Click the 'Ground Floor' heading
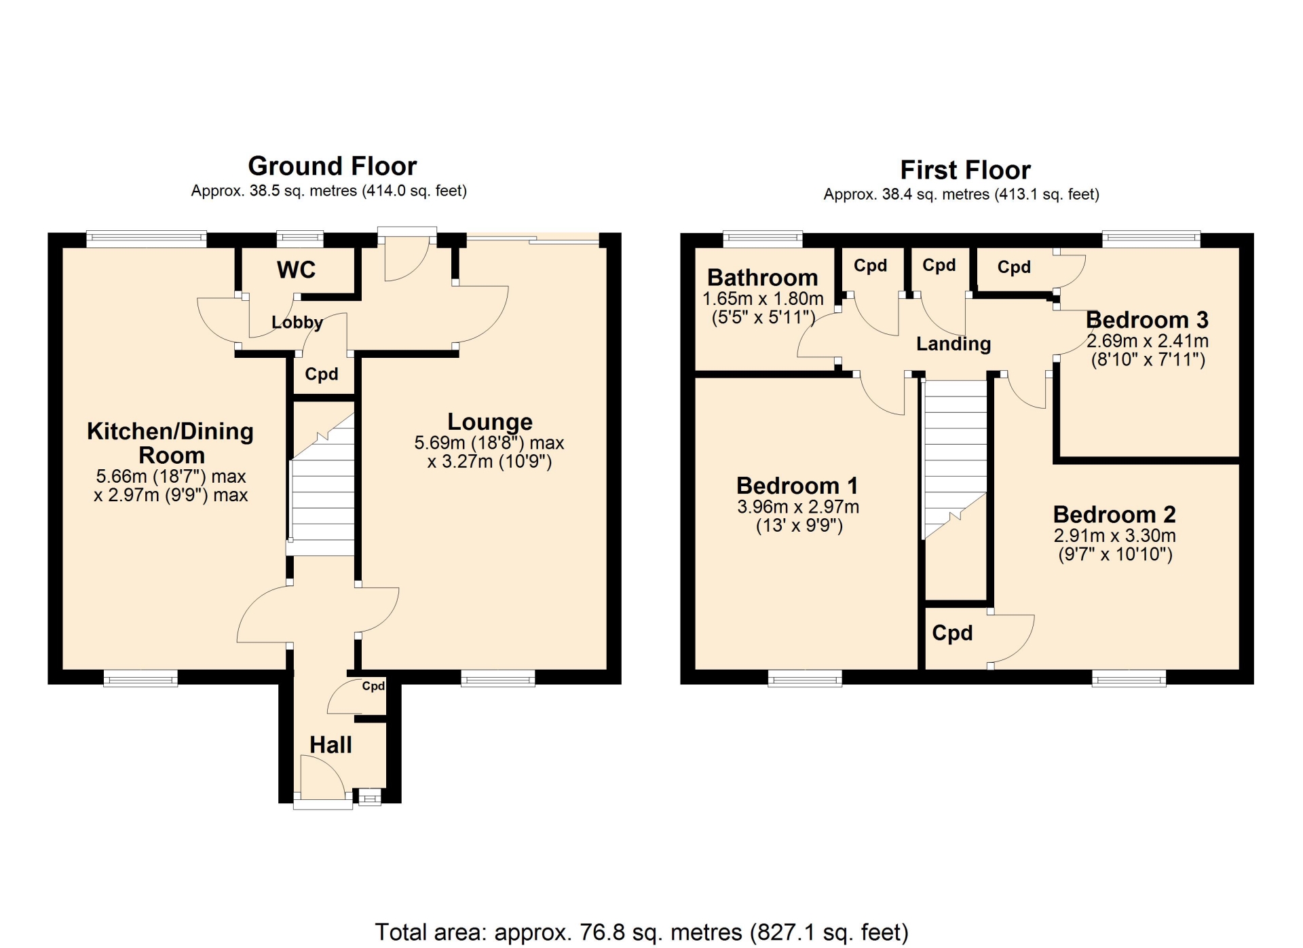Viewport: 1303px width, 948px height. (332, 166)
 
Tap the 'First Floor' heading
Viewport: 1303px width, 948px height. (965, 170)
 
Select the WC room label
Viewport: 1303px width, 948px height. (296, 270)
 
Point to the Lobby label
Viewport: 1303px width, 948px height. (297, 322)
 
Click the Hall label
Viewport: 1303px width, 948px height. (331, 745)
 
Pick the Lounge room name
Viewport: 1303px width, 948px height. (490, 422)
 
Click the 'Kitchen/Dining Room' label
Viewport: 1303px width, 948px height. (170, 443)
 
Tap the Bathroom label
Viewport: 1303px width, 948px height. (762, 278)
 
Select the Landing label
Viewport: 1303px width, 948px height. (953, 344)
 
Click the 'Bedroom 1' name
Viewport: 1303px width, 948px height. (797, 486)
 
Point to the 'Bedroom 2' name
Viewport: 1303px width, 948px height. (1114, 514)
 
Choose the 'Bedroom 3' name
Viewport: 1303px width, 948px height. (1147, 320)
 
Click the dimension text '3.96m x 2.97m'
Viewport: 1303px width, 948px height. (798, 507)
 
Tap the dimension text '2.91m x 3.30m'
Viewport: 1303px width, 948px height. (1115, 535)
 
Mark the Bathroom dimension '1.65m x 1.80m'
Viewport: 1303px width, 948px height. (763, 299)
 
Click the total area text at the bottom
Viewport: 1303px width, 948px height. (641, 932)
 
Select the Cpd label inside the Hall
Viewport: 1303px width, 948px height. (373, 686)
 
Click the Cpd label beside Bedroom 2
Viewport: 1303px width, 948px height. (952, 633)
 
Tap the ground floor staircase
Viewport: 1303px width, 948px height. (322, 484)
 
